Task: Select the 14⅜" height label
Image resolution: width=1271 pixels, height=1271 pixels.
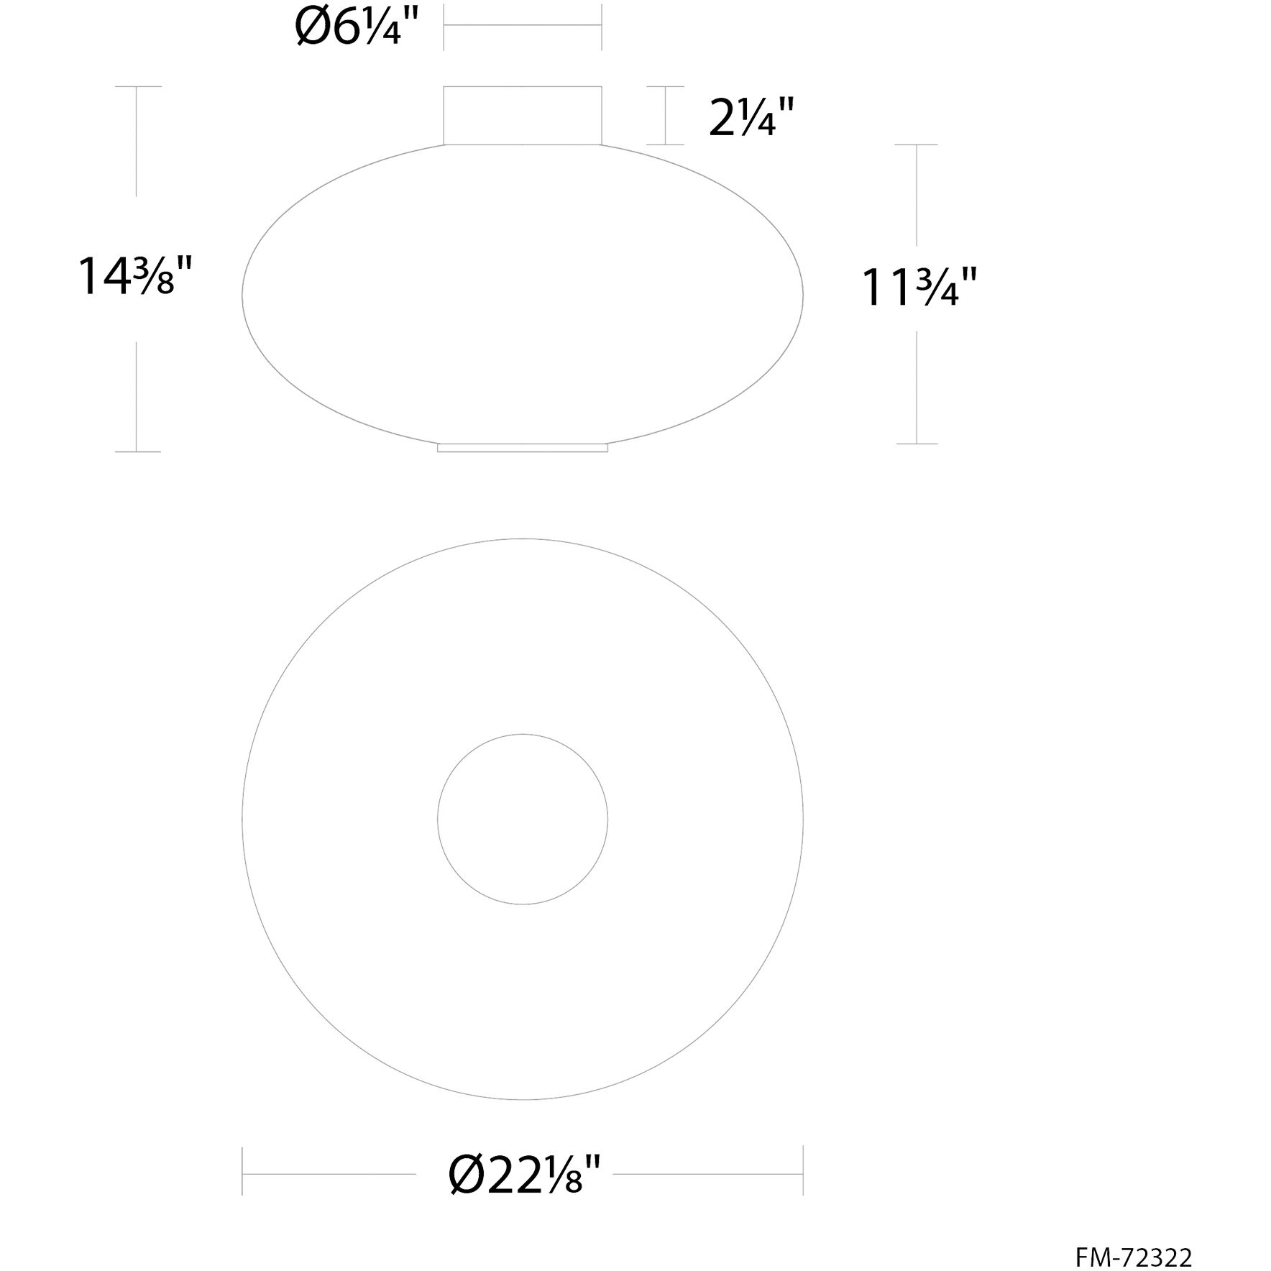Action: coord(135,277)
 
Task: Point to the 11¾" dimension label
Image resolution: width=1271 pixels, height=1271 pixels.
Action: coord(919,288)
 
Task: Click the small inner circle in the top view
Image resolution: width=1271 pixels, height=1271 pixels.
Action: coord(523,819)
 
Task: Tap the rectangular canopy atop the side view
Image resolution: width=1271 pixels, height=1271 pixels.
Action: coord(523,116)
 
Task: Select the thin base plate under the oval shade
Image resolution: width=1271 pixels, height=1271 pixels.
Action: coord(523,448)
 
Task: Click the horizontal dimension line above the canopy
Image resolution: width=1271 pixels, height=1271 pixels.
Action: coord(523,26)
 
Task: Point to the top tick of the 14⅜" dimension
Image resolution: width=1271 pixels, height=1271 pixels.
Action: coord(137,87)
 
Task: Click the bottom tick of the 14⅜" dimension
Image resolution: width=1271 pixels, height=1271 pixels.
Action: coord(137,451)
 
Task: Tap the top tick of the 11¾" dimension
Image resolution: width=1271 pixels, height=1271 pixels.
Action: coord(917,145)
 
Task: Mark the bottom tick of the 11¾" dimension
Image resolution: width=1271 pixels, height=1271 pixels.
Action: coord(917,444)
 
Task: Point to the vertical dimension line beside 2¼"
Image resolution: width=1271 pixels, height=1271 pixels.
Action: coord(665,116)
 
